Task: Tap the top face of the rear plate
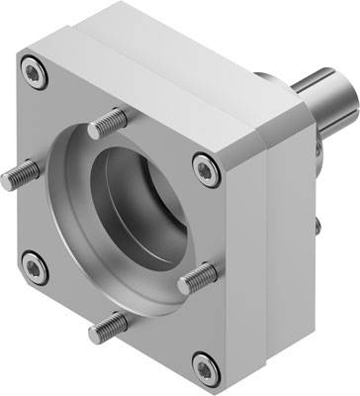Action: coord(178,45)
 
